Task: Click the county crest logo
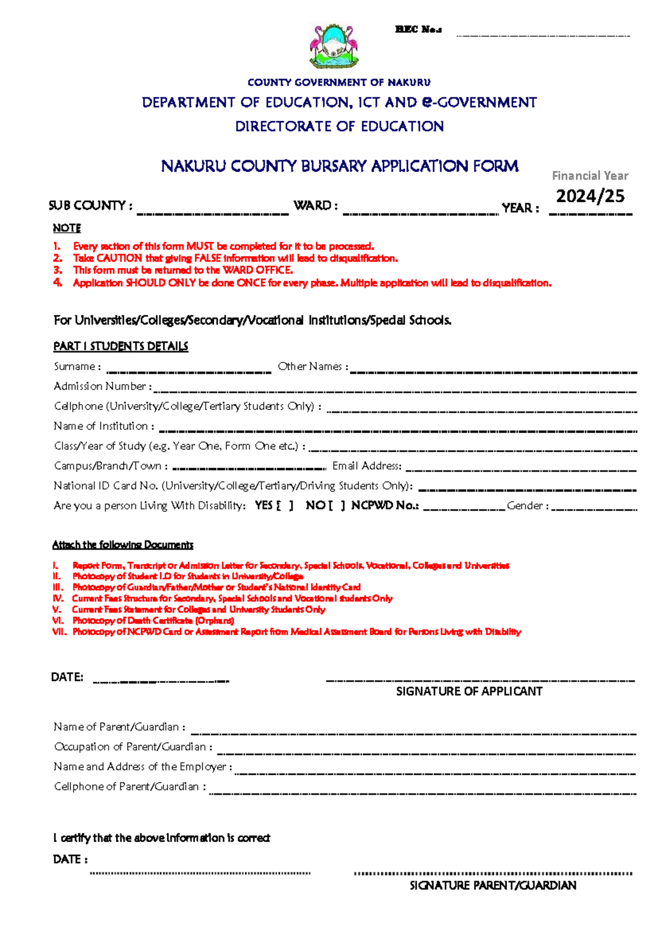(333, 47)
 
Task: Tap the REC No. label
(418, 30)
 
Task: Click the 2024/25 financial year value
(590, 196)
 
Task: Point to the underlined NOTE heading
(67, 228)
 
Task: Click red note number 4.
(58, 283)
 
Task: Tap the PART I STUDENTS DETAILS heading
(121, 347)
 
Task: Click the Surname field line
(189, 371)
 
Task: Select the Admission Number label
(100, 387)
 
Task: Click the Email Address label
(366, 466)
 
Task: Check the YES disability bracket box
(285, 506)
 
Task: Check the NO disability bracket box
(336, 506)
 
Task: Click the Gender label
(525, 506)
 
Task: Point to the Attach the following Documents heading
(123, 545)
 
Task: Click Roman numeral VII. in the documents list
(59, 632)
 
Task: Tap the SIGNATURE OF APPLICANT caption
(469, 691)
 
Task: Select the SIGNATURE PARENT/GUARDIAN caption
(493, 885)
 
